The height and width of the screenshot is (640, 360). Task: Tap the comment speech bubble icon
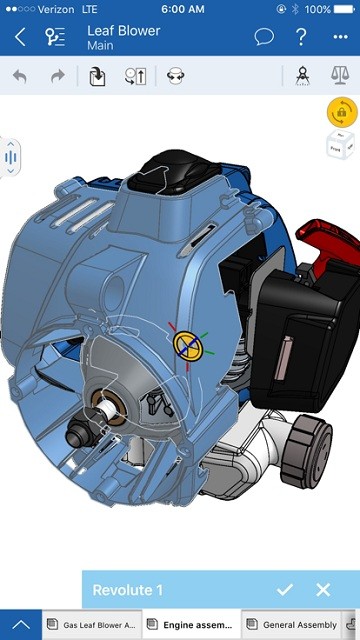[264, 38]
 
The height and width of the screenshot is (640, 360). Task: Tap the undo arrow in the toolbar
[20, 76]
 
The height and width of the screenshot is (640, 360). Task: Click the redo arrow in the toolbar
[57, 76]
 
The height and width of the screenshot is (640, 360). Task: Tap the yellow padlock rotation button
[341, 113]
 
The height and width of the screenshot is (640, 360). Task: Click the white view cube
[341, 146]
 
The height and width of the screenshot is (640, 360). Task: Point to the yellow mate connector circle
[186, 345]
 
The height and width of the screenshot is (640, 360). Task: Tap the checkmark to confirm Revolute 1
[285, 590]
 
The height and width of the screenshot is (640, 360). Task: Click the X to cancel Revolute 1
[323, 590]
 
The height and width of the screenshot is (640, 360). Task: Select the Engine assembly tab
[192, 624]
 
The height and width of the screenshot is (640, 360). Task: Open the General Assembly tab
[298, 624]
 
